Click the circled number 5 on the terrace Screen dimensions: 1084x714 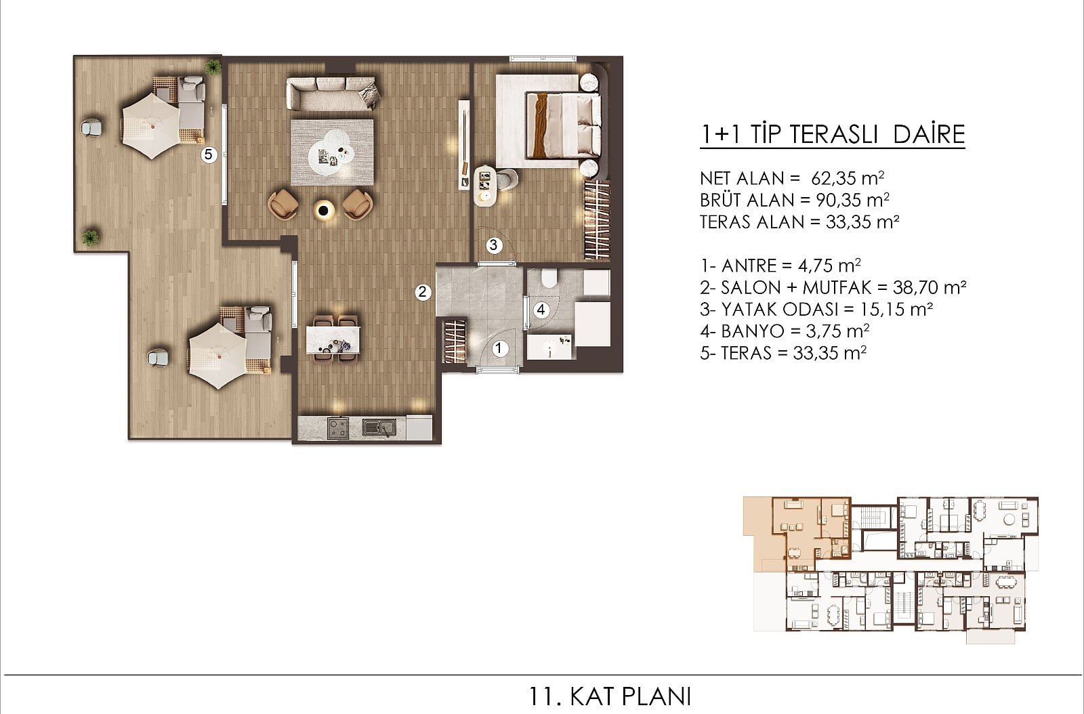[x=209, y=155]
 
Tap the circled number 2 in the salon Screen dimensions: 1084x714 [x=423, y=292]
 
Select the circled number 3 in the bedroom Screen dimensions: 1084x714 [x=494, y=245]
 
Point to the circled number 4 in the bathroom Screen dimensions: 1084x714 [x=541, y=310]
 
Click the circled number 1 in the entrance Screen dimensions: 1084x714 [x=499, y=348]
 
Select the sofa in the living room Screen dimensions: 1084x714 [x=333, y=94]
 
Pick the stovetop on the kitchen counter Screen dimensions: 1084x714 [x=338, y=428]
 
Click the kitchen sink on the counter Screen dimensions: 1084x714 [x=379, y=427]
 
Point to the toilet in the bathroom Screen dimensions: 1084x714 [x=549, y=278]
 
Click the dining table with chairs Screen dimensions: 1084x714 [x=333, y=339]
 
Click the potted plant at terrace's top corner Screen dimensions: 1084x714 [x=213, y=67]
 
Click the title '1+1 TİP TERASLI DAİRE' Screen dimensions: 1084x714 [x=833, y=135]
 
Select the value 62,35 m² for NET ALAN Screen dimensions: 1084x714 [x=848, y=179]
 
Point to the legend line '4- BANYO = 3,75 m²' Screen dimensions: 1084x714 [x=785, y=331]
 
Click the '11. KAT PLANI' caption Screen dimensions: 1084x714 [x=610, y=696]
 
